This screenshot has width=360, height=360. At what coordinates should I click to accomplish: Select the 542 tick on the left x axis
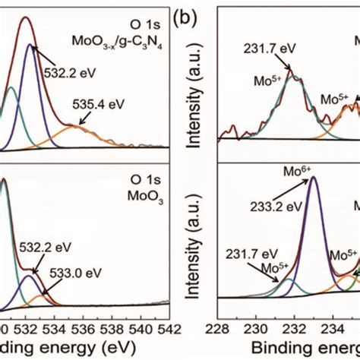[x=168, y=328]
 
